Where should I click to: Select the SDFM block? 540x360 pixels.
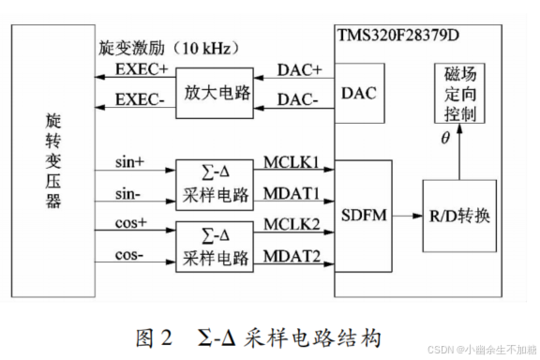[363, 215]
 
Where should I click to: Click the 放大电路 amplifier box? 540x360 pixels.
[215, 94]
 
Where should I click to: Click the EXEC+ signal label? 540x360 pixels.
[141, 70]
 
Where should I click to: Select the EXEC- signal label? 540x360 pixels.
[141, 99]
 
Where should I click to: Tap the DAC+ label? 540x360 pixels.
[299, 70]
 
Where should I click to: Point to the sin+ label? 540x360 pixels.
[129, 162]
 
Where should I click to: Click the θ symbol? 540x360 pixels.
[445, 139]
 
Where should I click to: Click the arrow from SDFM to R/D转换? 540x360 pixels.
[406, 216]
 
